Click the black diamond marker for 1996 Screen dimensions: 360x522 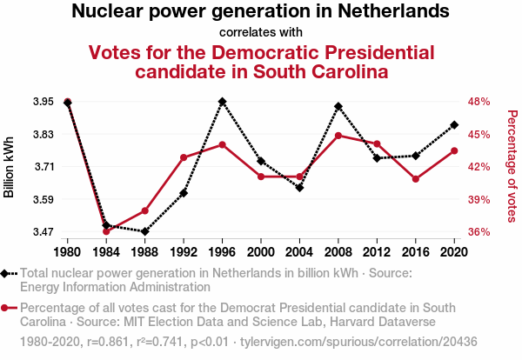[223, 102]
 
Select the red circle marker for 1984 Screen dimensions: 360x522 [106, 231]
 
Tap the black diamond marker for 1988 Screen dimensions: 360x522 [145, 231]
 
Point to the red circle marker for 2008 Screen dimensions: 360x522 [338, 136]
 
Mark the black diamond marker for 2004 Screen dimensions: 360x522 [299, 188]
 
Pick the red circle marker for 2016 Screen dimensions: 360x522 [416, 179]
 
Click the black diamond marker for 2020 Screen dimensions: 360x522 [454, 125]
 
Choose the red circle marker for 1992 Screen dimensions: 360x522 [184, 157]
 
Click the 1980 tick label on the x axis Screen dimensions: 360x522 [68, 252]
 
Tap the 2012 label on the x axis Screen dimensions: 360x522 [377, 252]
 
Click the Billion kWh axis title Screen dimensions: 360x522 [10, 167]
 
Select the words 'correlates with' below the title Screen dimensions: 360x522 [261, 32]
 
